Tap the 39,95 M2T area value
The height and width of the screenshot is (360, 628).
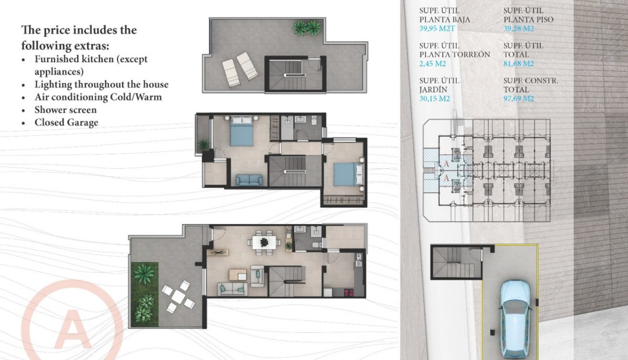438,28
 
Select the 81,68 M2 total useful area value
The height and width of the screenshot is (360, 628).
518,63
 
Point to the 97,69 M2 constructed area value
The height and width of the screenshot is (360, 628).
518,99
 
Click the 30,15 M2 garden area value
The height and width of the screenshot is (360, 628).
435,99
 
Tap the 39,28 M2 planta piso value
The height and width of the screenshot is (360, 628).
518,28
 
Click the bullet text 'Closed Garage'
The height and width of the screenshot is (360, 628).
66,122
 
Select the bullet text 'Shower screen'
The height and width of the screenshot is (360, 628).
65,110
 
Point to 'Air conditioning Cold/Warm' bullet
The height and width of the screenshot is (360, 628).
98,97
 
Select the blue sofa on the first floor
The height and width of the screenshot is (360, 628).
249,180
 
